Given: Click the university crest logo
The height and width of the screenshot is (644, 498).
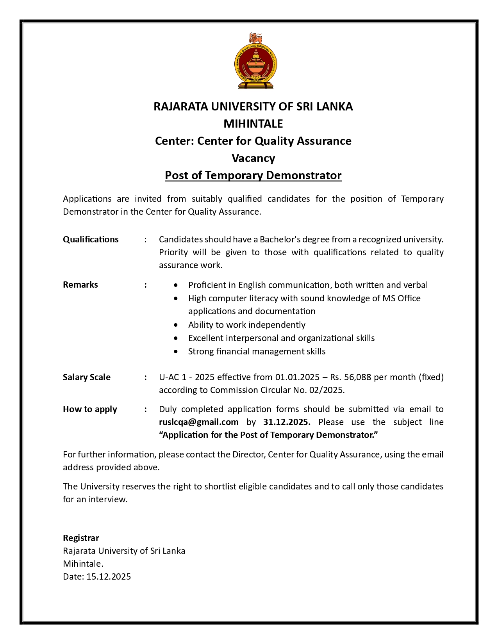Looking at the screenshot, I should [256, 64].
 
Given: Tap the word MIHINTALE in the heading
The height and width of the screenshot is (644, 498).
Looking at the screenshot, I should [253, 124].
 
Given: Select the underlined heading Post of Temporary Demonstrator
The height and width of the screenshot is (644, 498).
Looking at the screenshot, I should [253, 175].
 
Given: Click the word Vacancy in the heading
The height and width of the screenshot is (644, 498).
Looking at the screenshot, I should [253, 158].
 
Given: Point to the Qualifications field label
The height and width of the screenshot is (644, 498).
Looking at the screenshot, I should [91, 239].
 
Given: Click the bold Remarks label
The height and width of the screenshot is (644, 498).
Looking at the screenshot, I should [80, 285].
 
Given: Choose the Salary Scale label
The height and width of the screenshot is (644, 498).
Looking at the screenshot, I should [87, 377].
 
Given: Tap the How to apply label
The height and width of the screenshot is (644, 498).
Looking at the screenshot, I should [90, 409].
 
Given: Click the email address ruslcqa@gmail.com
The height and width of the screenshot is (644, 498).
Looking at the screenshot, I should [198, 422].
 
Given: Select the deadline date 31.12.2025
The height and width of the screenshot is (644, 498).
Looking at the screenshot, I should [287, 422].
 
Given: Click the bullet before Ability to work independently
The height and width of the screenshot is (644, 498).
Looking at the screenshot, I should [177, 325].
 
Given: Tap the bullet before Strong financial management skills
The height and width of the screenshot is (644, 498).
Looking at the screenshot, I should [177, 352].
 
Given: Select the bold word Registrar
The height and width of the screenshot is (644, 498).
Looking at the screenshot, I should [81, 538].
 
